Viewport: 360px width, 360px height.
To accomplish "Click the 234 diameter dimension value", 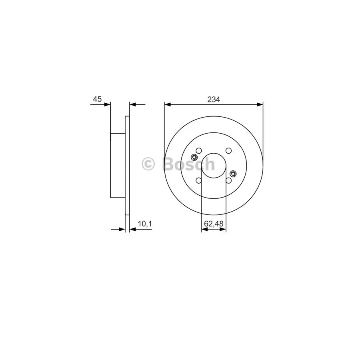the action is [214, 100].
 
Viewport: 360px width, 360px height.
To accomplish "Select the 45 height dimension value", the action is [97, 99].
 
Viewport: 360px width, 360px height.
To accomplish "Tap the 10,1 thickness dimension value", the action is [145, 224].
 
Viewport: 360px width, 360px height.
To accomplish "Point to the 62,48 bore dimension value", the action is [214, 224].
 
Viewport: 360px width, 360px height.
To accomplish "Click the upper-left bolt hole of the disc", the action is [199, 151].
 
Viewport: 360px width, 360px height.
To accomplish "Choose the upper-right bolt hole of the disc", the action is [228, 151].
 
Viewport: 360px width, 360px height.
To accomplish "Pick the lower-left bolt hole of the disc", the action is [199, 180].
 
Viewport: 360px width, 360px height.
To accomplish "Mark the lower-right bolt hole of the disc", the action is [228, 180].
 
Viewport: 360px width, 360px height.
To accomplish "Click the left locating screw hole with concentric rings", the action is [194, 157].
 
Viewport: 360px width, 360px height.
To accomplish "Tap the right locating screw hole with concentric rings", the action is [233, 174].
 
